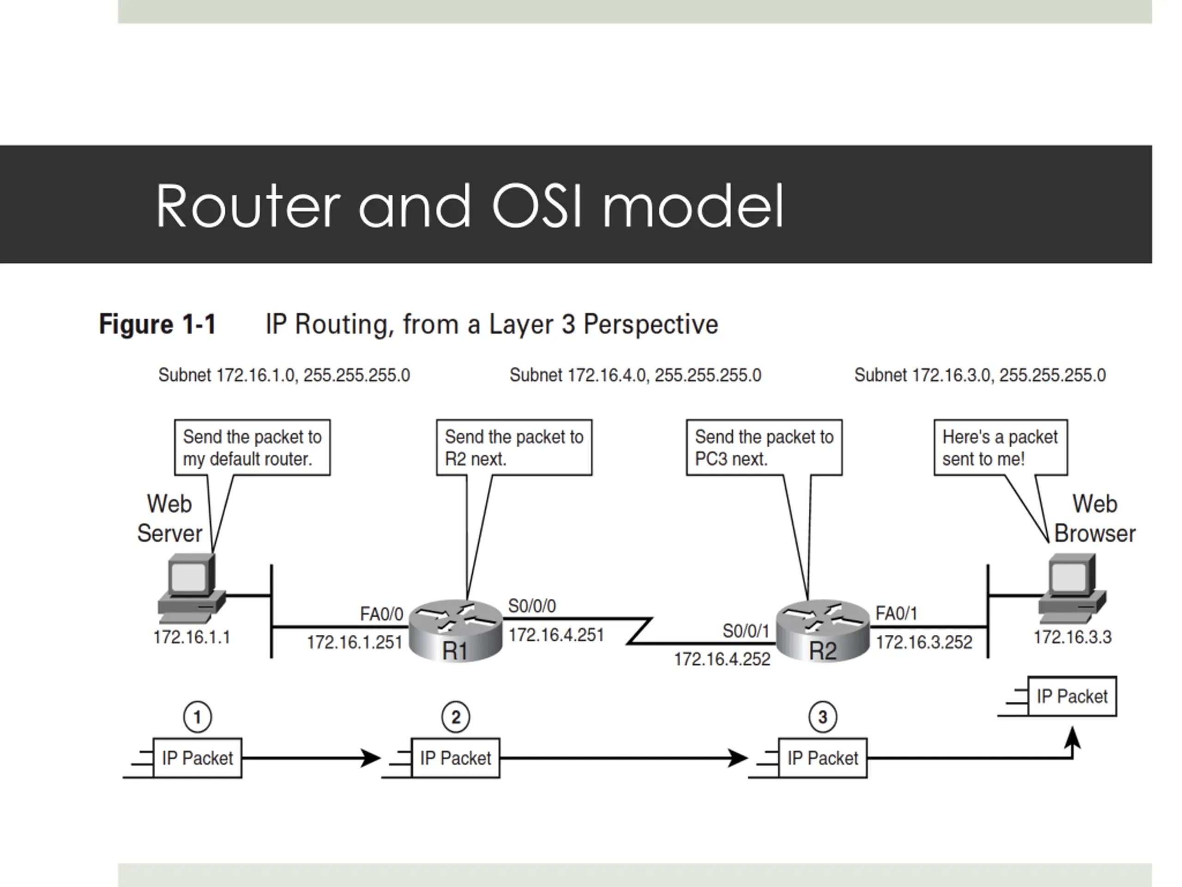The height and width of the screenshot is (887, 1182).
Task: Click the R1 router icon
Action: (455, 631)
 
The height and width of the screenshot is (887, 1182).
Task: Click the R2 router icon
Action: (822, 631)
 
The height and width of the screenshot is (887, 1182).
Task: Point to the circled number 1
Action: (197, 717)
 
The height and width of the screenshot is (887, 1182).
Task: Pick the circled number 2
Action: (455, 717)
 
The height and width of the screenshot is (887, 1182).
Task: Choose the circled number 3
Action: (822, 717)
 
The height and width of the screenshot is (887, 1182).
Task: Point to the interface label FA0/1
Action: (896, 613)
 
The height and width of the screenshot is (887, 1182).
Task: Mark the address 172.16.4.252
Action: (722, 659)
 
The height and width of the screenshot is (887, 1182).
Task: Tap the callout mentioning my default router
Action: (252, 448)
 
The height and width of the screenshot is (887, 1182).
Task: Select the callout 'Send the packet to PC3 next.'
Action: (764, 448)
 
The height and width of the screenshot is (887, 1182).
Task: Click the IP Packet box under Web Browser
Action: (1072, 696)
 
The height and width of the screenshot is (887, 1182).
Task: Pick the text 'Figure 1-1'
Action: (157, 324)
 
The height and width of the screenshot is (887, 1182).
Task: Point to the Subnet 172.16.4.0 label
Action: (635, 375)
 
